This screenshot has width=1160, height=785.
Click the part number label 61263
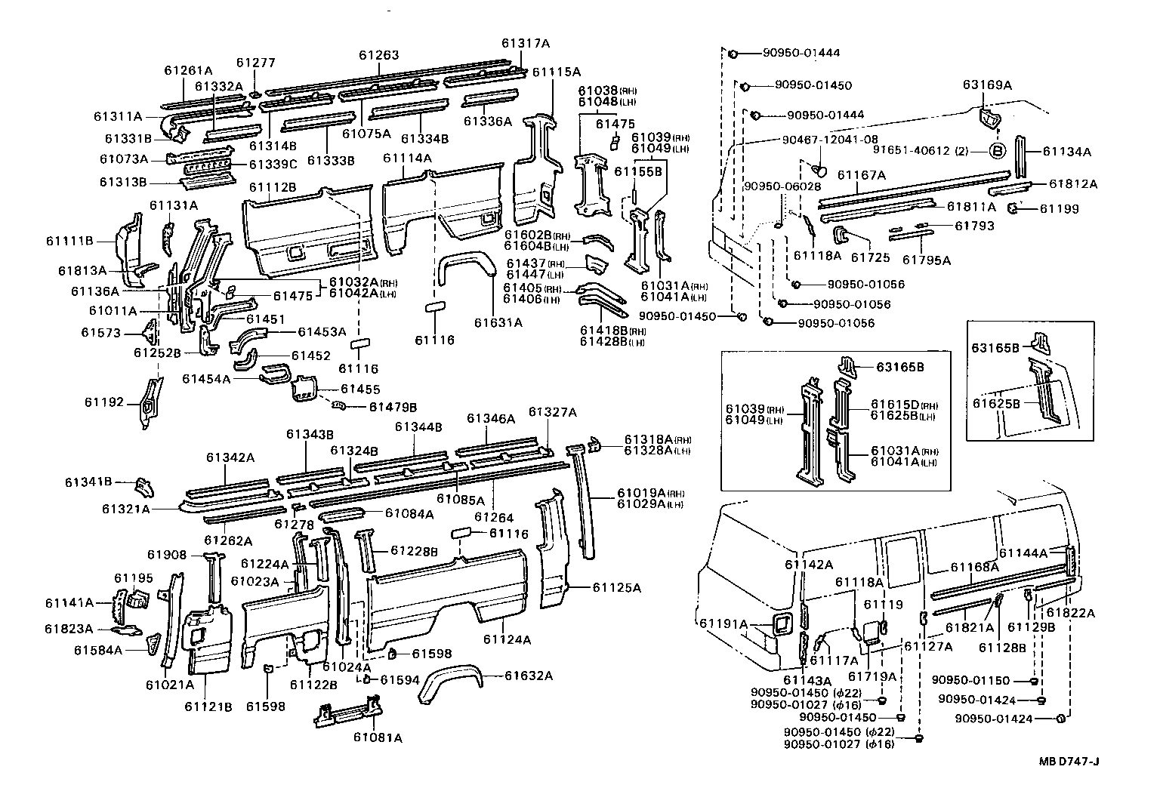pyautogui.click(x=378, y=55)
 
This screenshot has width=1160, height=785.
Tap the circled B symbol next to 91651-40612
pyautogui.click(x=997, y=151)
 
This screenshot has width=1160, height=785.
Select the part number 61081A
pyautogui.click(x=377, y=737)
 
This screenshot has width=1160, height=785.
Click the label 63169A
pyautogui.click(x=987, y=85)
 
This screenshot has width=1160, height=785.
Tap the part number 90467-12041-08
pyautogui.click(x=830, y=139)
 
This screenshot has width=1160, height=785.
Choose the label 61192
pyautogui.click(x=103, y=402)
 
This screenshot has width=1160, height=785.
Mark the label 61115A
pyautogui.click(x=556, y=72)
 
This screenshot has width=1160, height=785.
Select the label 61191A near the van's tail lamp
pyautogui.click(x=723, y=623)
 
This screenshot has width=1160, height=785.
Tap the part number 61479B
pyautogui.click(x=393, y=407)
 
